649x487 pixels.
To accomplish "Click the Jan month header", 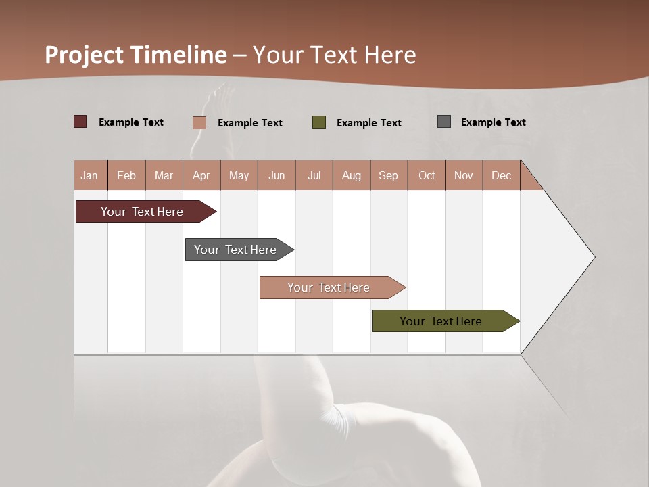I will (x=89, y=175).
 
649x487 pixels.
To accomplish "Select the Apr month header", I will (x=201, y=175).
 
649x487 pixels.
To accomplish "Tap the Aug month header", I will (x=351, y=175).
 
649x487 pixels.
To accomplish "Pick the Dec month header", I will (x=501, y=175).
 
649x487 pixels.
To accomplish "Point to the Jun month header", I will (x=276, y=175).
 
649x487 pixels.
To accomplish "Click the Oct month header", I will (x=426, y=175).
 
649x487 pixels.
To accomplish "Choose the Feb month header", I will (x=126, y=175).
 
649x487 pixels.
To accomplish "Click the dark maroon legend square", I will (x=80, y=122).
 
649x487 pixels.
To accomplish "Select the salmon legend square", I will (x=199, y=122).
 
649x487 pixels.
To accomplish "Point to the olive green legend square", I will (x=318, y=122).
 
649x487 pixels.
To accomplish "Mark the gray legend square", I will (x=443, y=122).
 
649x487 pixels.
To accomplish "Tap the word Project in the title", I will (x=84, y=55).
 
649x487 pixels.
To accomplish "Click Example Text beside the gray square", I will (x=493, y=122).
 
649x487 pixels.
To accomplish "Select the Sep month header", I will (x=388, y=175).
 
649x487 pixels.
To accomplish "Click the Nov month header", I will (x=463, y=175).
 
